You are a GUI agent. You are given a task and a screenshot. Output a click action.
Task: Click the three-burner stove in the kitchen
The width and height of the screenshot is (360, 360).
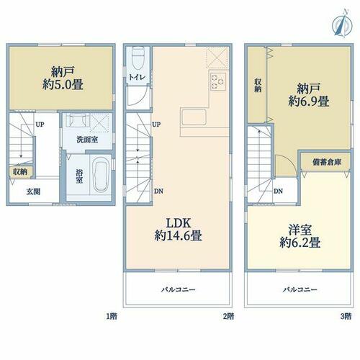[x=218, y=81]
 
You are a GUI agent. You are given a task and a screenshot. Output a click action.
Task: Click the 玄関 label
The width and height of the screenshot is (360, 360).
[x=33, y=192]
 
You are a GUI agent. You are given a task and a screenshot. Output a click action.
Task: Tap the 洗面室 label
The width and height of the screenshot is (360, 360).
[x=87, y=140]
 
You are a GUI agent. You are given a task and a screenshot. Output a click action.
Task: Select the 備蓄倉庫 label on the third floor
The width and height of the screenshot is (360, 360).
[x=327, y=163]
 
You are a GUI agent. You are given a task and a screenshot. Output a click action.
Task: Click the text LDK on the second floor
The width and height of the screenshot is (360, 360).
[x=179, y=223]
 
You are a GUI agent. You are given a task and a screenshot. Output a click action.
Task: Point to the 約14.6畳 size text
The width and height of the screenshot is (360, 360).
[x=178, y=235]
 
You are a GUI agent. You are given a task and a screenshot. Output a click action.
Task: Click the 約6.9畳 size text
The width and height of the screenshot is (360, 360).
[x=308, y=102]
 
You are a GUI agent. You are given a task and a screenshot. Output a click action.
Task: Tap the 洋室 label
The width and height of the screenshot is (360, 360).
[x=300, y=230]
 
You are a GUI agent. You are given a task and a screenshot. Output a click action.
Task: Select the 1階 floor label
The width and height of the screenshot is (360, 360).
[x=112, y=316]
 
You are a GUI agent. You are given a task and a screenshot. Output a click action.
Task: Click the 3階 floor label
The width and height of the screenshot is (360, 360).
[x=346, y=316]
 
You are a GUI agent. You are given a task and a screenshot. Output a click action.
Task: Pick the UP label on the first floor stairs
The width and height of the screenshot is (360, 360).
[x=40, y=125]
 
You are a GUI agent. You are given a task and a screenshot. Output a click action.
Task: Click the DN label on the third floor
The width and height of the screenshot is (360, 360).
[x=278, y=192]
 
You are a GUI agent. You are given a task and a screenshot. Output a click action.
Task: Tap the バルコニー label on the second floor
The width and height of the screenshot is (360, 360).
[x=178, y=289]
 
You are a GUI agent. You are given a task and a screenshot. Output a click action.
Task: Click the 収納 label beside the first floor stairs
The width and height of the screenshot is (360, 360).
[x=20, y=172]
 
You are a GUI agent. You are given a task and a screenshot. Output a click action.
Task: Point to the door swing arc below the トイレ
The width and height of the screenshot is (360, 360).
[x=140, y=99]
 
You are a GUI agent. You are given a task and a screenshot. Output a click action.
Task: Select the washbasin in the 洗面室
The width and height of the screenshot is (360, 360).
[x=76, y=120]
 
